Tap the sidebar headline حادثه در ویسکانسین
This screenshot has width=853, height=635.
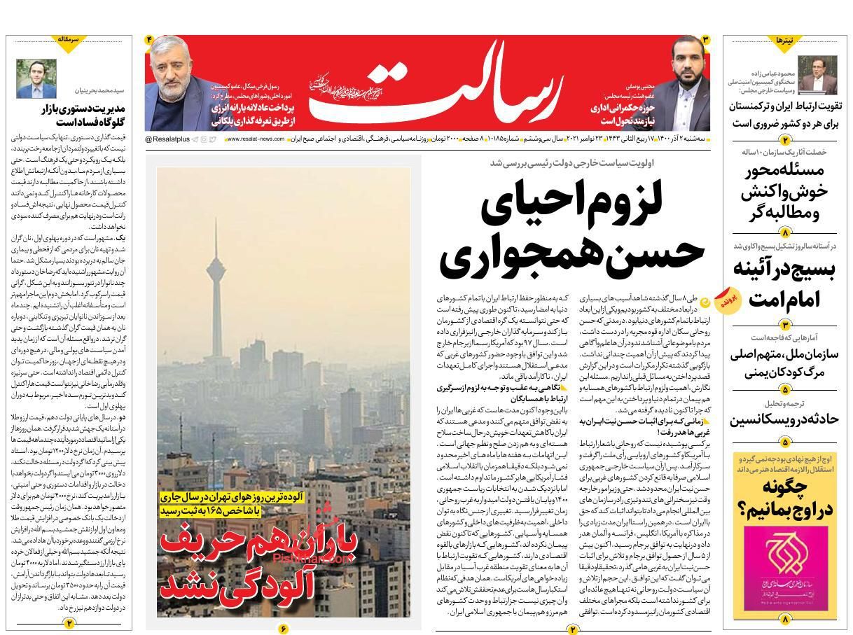(x=784, y=419)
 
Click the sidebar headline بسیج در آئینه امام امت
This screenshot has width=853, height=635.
(x=784, y=284)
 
